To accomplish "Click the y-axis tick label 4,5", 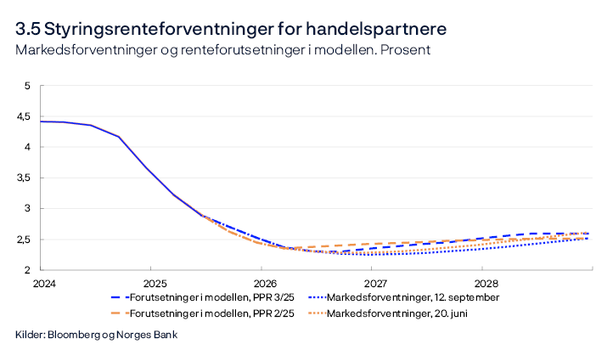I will click(x=23, y=116).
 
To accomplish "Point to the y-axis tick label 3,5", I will click(x=23, y=178).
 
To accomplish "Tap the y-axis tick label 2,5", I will click(x=23, y=240).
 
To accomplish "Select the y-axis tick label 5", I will click(x=27, y=86).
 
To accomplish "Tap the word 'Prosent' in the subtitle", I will click(x=406, y=50).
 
